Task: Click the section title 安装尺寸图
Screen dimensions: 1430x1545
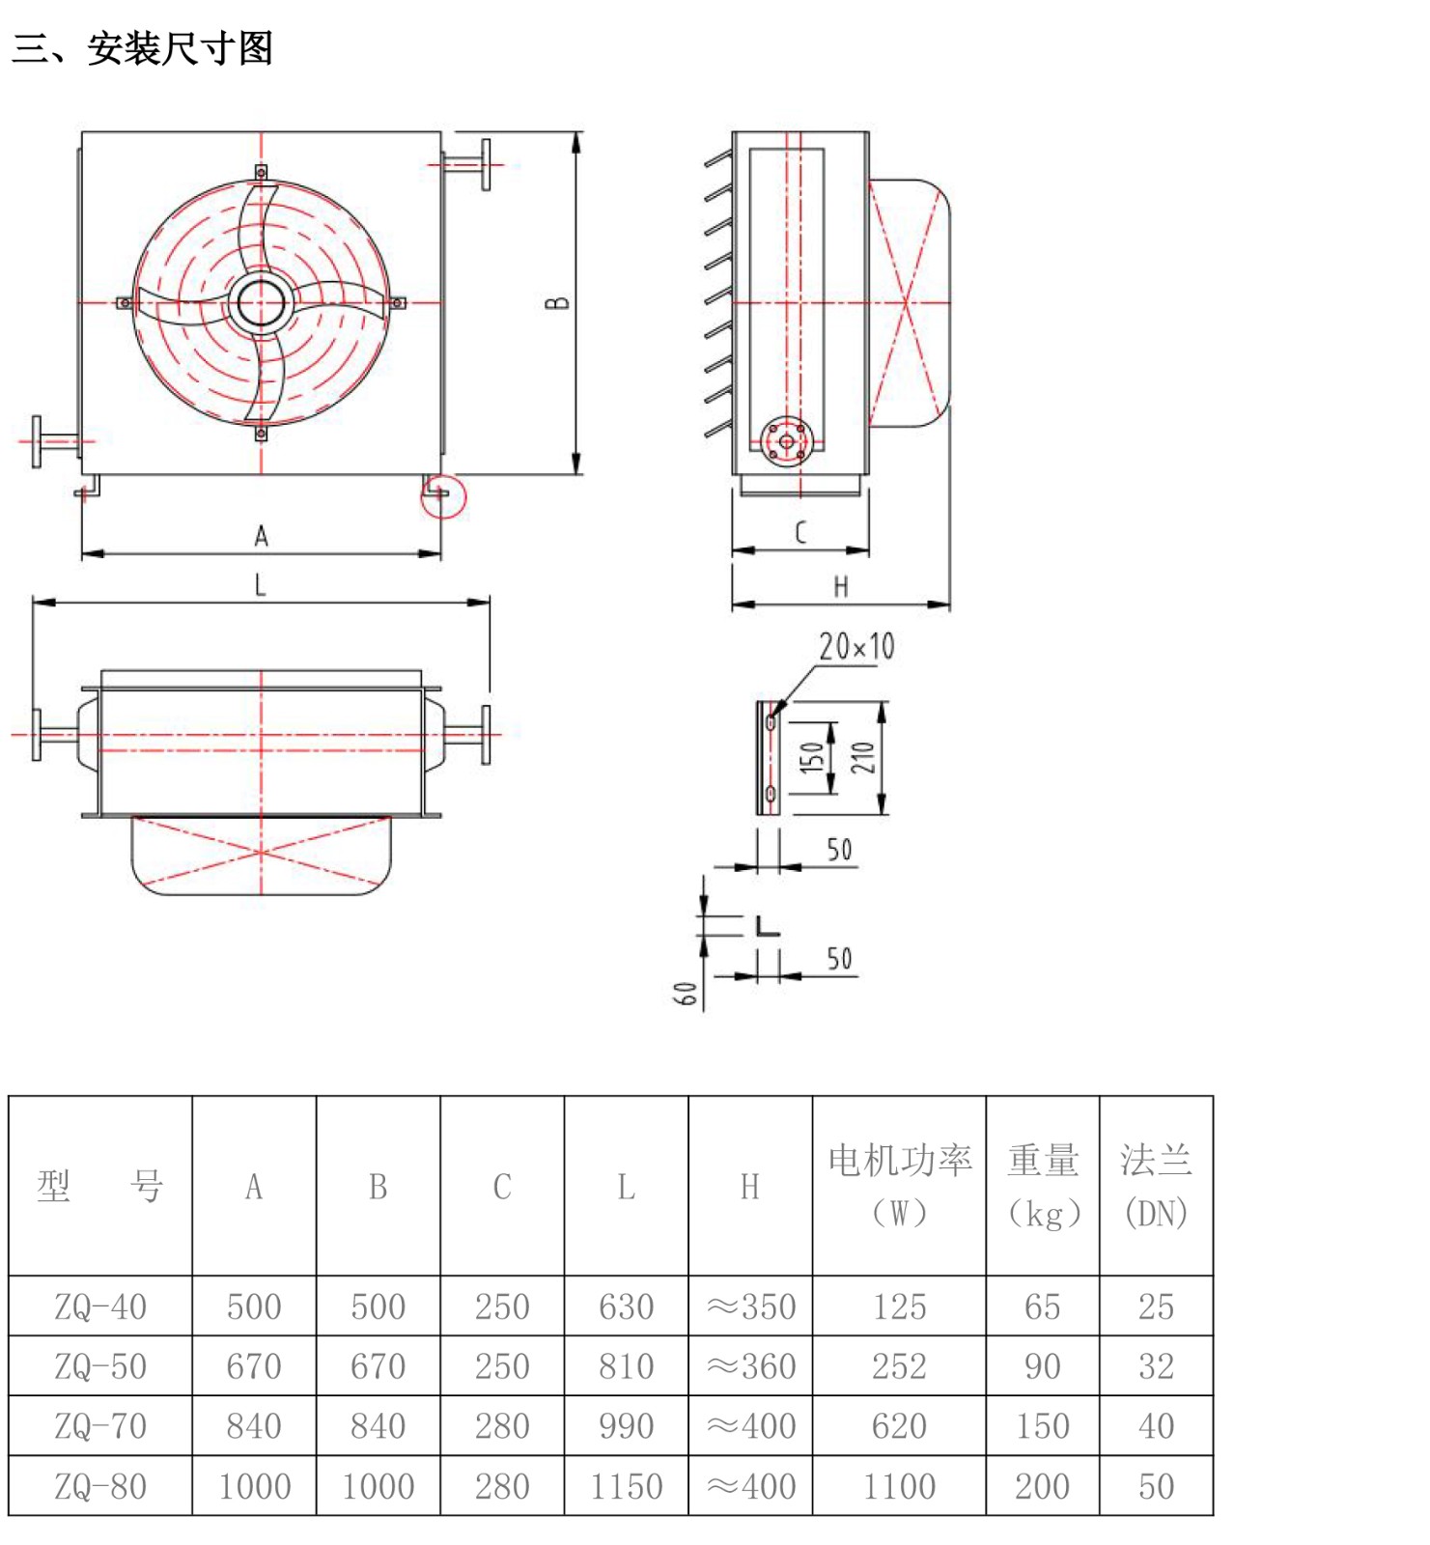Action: coord(180,48)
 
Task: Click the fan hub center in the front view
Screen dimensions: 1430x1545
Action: coord(261,303)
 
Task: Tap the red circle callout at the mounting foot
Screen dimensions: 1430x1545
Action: coord(443,495)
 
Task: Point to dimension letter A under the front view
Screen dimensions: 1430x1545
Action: coord(261,536)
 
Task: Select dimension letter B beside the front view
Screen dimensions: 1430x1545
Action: coord(557,303)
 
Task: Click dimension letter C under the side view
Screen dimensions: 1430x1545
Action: coord(800,532)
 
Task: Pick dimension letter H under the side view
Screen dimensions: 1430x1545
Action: coord(841,586)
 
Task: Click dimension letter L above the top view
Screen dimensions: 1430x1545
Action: coord(260,584)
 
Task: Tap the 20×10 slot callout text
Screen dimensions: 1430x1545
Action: coord(856,646)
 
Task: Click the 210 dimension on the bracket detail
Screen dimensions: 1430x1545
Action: coord(862,757)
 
